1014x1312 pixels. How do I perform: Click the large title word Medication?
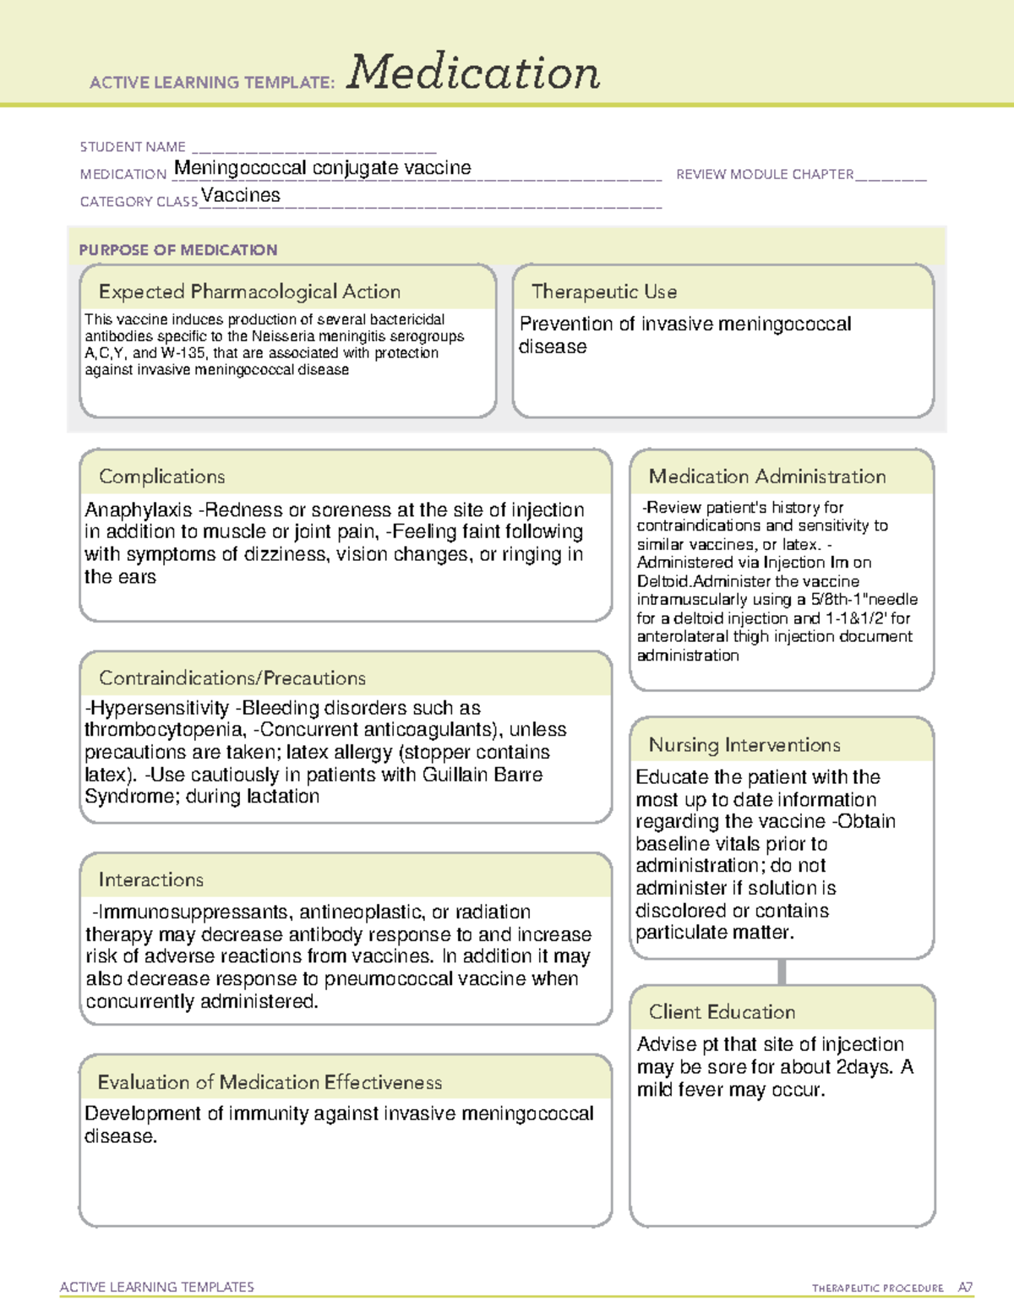[x=473, y=73]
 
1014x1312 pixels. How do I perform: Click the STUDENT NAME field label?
[x=133, y=147]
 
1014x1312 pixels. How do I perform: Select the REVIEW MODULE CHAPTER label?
[x=765, y=175]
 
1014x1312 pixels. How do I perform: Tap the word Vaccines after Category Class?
[x=241, y=195]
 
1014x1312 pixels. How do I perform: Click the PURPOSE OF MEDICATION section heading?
[x=178, y=250]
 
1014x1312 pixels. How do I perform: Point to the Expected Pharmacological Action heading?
[x=249, y=292]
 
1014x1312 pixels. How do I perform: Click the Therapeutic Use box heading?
[x=604, y=292]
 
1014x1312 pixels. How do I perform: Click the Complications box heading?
[x=162, y=476]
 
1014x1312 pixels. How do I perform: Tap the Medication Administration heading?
[x=767, y=476]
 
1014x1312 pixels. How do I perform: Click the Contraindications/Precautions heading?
[x=232, y=678]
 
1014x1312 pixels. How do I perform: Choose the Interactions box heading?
[x=151, y=880]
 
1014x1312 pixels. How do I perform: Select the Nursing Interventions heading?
[x=744, y=745]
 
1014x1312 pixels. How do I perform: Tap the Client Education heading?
[x=722, y=1012]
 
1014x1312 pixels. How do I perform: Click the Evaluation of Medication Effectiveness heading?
[x=270, y=1082]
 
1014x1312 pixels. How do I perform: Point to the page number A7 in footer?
[x=965, y=1288]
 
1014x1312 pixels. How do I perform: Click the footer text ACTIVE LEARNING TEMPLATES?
[x=157, y=1287]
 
